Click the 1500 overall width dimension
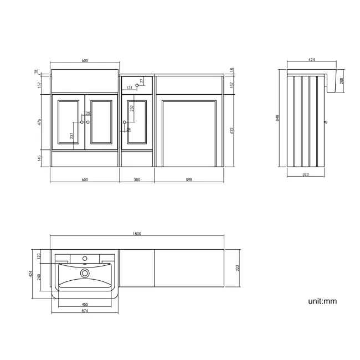[137, 234]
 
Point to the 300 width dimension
[137, 180]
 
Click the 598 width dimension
[189, 180]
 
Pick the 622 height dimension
[232, 131]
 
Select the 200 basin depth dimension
[342, 80]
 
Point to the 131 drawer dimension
[129, 88]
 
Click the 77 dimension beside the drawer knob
[141, 81]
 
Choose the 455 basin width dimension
[85, 304]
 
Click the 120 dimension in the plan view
[39, 257]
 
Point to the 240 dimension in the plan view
[39, 276]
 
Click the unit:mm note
[322, 301]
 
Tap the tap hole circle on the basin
[85, 258]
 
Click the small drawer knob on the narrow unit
[137, 85]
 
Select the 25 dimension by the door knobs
[88, 114]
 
